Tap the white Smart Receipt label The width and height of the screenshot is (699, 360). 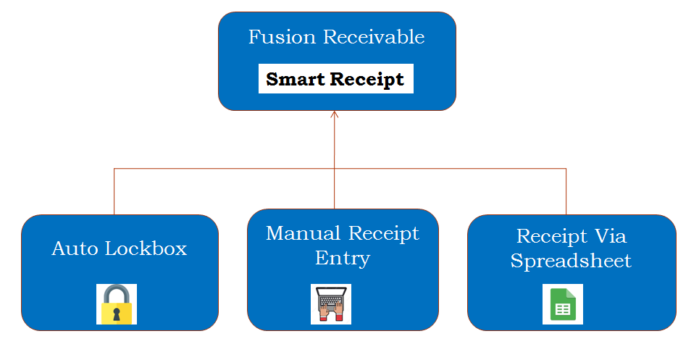coord(335,79)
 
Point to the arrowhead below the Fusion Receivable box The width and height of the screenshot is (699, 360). coord(334,114)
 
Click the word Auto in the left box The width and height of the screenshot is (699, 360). coord(76,249)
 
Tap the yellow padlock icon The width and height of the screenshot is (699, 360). coord(117,304)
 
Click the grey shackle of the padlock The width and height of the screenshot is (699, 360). coord(117,293)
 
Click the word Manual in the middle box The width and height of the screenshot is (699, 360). coord(304,234)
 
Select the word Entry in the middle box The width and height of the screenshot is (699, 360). coord(343,258)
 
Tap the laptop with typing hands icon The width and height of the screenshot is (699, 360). coord(331,304)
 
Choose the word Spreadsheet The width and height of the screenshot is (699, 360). coord(571,261)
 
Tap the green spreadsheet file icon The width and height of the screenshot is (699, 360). coord(563,304)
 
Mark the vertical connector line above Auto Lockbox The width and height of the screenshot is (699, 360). coord(114,192)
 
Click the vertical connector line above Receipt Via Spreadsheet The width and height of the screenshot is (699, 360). coord(566,192)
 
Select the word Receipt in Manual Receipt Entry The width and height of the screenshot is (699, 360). coord(383,234)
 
